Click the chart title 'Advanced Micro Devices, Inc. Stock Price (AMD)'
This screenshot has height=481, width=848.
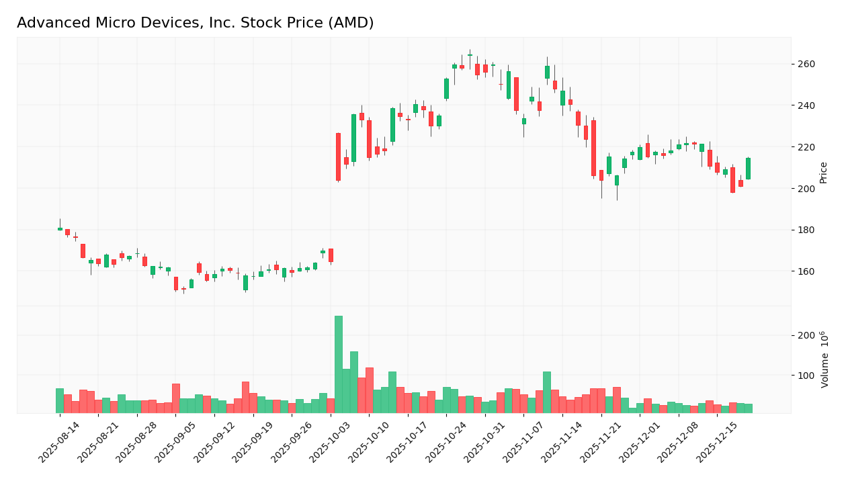point(195,23)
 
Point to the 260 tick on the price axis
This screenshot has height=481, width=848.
point(806,64)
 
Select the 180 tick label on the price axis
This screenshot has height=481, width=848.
point(806,230)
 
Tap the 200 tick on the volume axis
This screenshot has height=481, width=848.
point(806,335)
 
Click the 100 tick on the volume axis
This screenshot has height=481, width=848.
point(806,376)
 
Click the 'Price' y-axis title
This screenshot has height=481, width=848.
point(824,173)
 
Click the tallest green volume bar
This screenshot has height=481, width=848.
point(339,364)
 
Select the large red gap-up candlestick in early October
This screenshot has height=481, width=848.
point(338,157)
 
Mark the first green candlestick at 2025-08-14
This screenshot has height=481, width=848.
point(60,229)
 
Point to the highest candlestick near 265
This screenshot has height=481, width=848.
point(470,54)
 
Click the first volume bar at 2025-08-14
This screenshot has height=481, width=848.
point(60,400)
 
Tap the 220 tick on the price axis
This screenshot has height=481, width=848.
point(806,147)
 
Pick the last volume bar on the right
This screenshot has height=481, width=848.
point(748,408)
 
